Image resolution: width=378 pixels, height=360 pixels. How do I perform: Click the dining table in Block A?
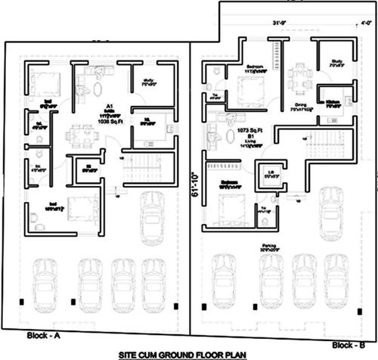81,135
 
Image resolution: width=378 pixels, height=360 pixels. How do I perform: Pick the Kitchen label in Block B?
333,101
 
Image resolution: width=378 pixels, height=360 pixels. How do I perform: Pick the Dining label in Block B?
300,107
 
